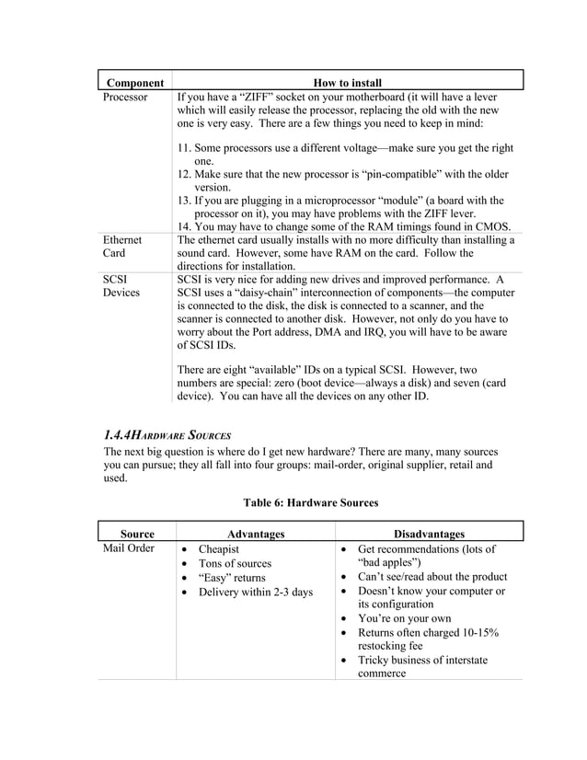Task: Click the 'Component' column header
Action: pyautogui.click(x=134, y=84)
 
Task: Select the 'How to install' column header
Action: pyautogui.click(x=347, y=84)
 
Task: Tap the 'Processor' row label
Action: pyautogui.click(x=125, y=97)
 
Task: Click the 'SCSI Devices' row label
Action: pyautogui.click(x=121, y=285)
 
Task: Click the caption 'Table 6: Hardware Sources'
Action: pyautogui.click(x=310, y=502)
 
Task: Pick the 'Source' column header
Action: pyautogui.click(x=137, y=534)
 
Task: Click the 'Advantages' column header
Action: pyautogui.click(x=256, y=534)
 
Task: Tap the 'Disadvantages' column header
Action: pyautogui.click(x=429, y=534)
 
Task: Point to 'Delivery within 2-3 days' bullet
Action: pyautogui.click(x=256, y=591)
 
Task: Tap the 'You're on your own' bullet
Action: pyautogui.click(x=404, y=618)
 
